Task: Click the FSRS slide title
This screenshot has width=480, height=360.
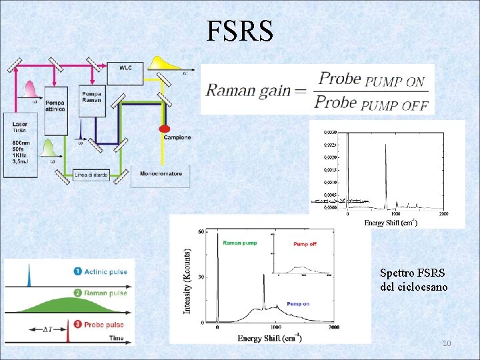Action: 239,31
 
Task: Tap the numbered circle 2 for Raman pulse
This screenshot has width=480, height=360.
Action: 78,293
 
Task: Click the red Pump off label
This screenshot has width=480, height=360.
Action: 305,244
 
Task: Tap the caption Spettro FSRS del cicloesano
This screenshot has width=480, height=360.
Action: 413,280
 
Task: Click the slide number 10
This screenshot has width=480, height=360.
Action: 447,343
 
